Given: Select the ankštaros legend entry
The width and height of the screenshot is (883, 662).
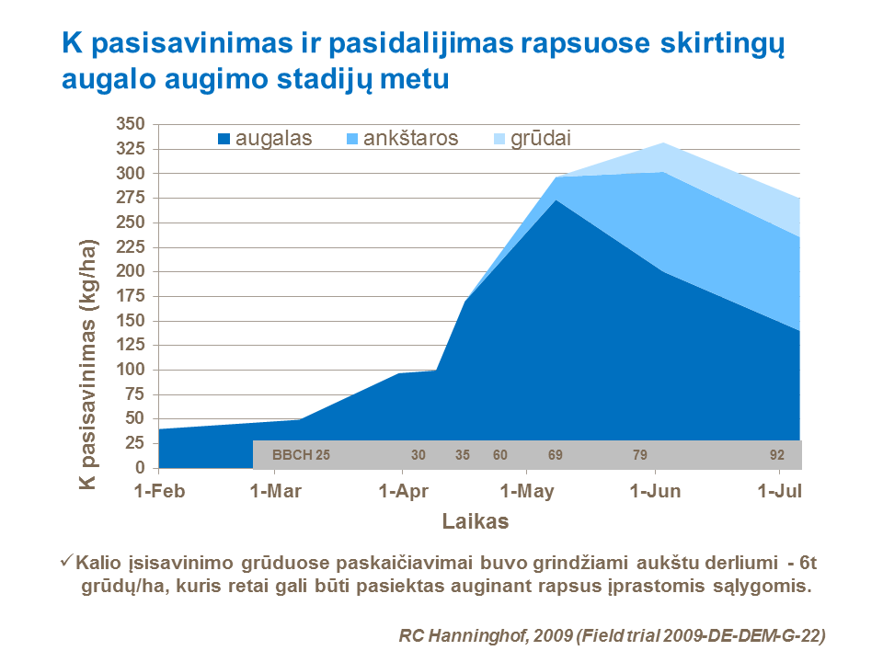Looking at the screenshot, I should (401, 139).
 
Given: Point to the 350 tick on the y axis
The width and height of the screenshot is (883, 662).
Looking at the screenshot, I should (131, 124).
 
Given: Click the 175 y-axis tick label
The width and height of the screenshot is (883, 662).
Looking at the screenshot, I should (131, 296).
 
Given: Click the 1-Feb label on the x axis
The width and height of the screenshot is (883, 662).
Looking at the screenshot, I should (159, 491).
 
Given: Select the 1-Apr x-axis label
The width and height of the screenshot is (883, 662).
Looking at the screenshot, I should (405, 491).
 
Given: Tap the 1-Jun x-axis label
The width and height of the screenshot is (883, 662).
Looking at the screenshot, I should (655, 491).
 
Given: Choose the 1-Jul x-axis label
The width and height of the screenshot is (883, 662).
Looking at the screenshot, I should (779, 491).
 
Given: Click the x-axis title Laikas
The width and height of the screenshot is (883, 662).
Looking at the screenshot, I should (476, 522).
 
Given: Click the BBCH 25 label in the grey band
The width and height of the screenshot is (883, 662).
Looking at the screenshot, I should (302, 455).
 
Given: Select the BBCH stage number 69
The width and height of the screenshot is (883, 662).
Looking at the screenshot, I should (556, 455).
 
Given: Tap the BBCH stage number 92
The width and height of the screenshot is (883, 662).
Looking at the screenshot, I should (777, 455).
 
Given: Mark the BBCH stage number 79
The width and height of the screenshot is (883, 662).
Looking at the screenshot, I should (640, 455).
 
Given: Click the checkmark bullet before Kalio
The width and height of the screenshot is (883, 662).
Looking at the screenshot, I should (66, 559).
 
